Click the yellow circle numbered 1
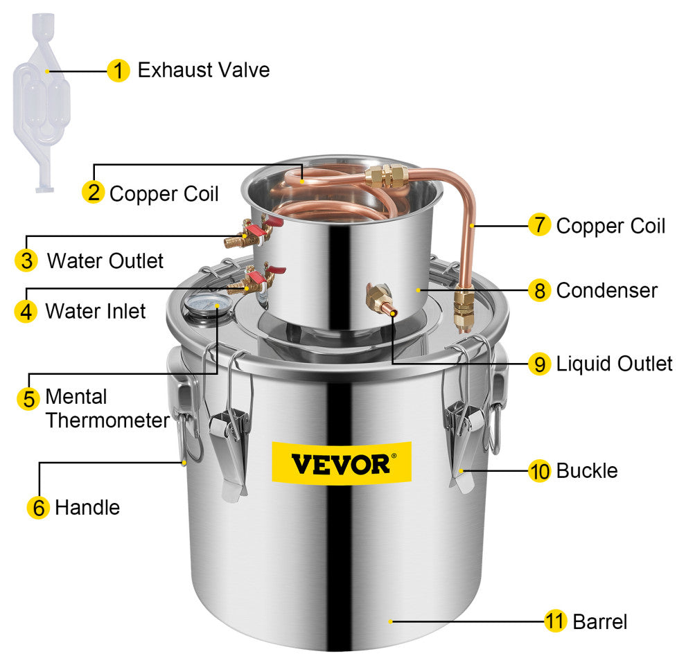[118, 71]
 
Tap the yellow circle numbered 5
[28, 398]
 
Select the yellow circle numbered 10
[539, 471]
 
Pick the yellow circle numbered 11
[555, 621]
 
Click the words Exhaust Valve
[204, 70]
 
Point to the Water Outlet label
[105, 260]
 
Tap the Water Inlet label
[96, 311]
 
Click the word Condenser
[607, 290]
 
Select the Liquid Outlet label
[614, 364]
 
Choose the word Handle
[87, 508]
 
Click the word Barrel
[600, 621]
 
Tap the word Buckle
[587, 471]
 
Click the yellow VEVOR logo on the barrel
[342, 463]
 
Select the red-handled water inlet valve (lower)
[255, 280]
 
